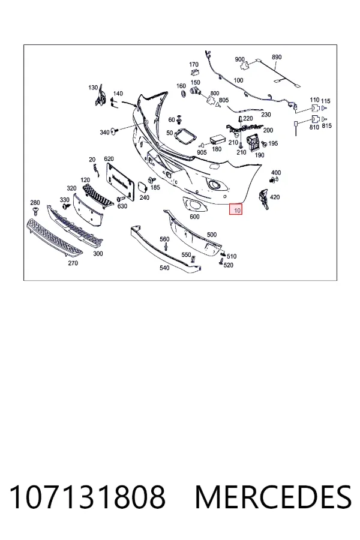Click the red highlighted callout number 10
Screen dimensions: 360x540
[x=236, y=209]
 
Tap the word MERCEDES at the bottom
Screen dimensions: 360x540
[x=273, y=497]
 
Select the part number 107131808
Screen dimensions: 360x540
[x=87, y=497]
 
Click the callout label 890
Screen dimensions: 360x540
[x=277, y=57]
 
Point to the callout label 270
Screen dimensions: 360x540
[x=73, y=263]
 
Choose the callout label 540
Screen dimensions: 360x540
[x=164, y=268]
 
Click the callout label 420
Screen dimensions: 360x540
[x=275, y=197]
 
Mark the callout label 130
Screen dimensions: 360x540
[x=93, y=88]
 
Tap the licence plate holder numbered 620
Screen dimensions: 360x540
[x=119, y=181]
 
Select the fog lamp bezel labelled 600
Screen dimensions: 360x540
[x=194, y=205]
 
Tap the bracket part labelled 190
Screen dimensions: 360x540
[x=255, y=142]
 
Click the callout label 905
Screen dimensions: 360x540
[x=202, y=152]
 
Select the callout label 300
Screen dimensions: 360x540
[x=98, y=254]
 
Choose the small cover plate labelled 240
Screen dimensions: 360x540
[x=142, y=187]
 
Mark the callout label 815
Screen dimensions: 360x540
[x=326, y=126]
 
